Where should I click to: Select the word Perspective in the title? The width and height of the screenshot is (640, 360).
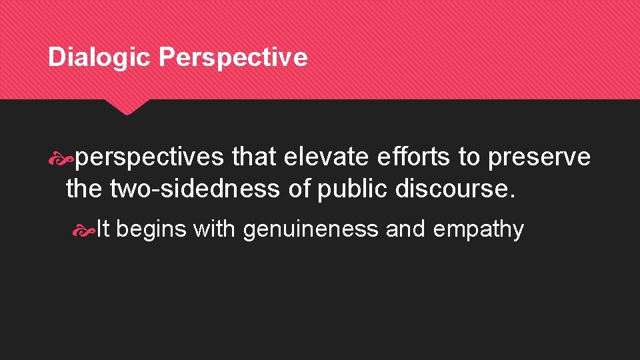(233, 58)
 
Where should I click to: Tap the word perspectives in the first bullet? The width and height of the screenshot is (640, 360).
(149, 157)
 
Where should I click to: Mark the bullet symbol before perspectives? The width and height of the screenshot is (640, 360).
(66, 158)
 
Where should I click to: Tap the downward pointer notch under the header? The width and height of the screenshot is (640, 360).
(126, 107)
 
